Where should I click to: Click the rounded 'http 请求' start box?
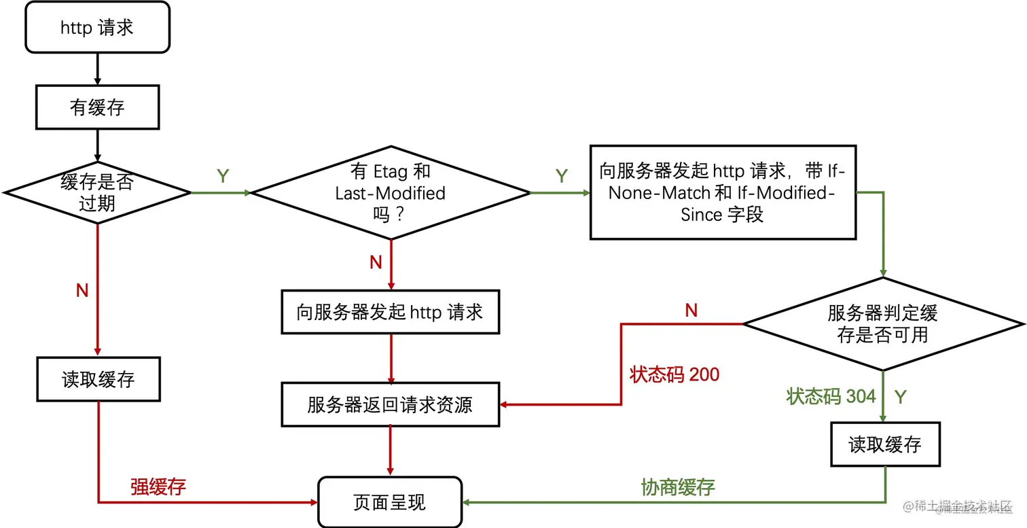point(97,27)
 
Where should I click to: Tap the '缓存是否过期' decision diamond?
point(97,193)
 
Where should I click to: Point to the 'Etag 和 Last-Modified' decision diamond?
point(390,193)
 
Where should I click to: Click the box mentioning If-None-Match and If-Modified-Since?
point(722,192)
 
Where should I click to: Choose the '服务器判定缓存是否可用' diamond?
point(882,323)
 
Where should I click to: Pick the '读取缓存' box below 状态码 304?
point(884,445)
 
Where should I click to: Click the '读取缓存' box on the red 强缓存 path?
point(98,379)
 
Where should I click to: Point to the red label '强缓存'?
point(158,487)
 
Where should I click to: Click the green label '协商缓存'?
point(678,487)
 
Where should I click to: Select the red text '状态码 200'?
point(674,374)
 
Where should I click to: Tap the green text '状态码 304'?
point(831,396)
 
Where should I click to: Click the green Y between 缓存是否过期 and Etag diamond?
point(223,176)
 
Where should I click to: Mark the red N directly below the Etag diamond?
point(376,263)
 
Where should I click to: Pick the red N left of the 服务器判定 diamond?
point(691,311)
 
